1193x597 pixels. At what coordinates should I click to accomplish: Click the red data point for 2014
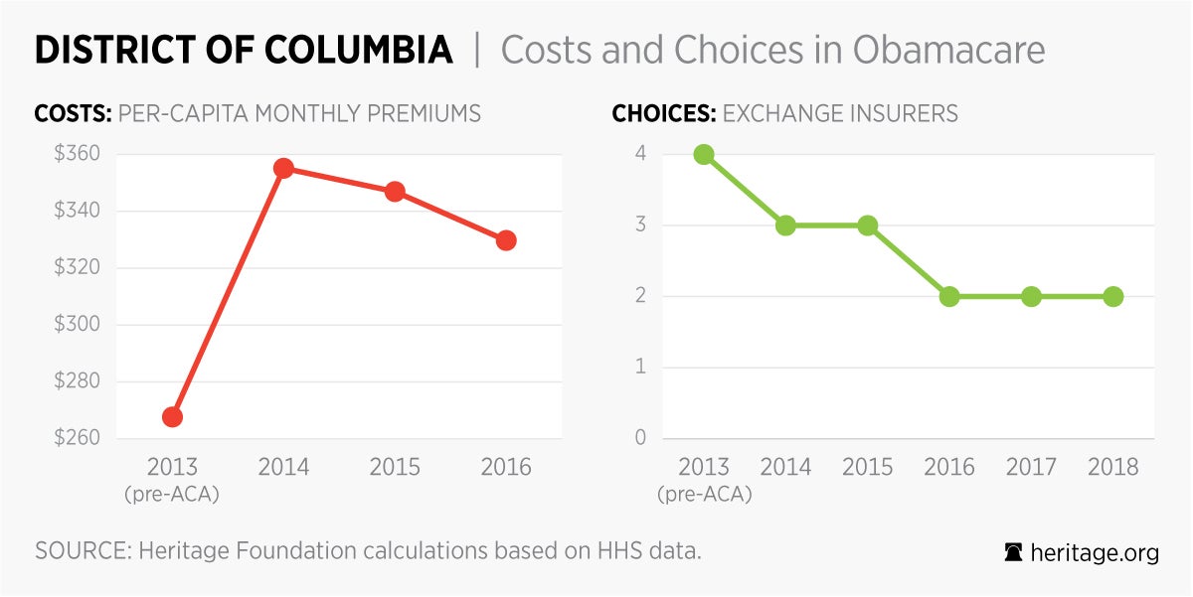pos(283,168)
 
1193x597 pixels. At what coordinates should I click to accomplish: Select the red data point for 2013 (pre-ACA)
pos(172,416)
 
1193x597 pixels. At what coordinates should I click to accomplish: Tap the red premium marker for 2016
pos(506,240)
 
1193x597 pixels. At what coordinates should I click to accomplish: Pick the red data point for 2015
pos(395,192)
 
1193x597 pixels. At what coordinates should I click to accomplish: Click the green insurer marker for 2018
pos(1112,296)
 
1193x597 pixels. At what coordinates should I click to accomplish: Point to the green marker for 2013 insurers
pos(704,154)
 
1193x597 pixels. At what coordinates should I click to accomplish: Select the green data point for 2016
pos(949,296)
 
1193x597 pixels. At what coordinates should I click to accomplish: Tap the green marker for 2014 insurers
pos(785,225)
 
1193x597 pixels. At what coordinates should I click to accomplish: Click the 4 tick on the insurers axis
pos(642,154)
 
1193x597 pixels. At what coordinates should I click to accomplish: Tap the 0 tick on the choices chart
pos(642,438)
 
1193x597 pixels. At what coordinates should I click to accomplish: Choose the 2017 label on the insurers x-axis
pos(1031,467)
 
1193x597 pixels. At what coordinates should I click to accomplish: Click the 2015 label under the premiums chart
pos(395,467)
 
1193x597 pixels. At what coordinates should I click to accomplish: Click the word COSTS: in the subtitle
pos(73,113)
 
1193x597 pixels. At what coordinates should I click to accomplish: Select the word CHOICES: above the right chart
pos(663,113)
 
